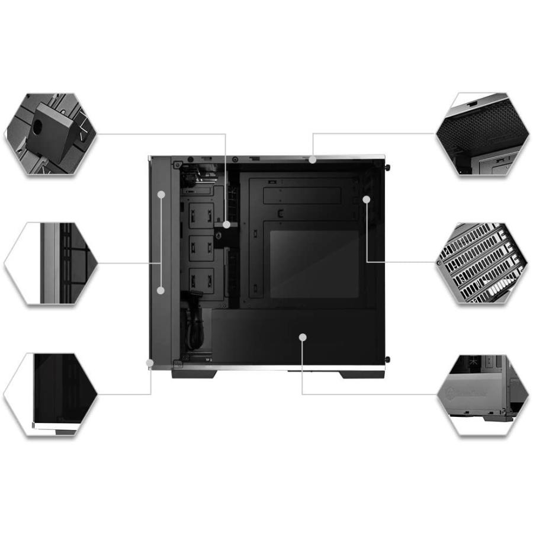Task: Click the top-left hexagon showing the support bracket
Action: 50,134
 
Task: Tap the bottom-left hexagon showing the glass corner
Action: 50,394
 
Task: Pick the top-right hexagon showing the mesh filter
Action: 482,134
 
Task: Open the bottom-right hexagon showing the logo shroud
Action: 482,394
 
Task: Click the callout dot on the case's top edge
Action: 312,159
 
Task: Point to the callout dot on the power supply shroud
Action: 303,337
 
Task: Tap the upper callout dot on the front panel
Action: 161,194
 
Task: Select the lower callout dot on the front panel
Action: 161,290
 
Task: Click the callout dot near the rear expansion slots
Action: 367,200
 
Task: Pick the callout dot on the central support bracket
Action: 226,224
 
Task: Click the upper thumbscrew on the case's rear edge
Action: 387,168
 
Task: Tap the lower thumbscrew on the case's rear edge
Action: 387,359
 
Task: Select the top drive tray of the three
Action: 201,214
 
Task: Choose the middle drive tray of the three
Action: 201,248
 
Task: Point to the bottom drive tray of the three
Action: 201,280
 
